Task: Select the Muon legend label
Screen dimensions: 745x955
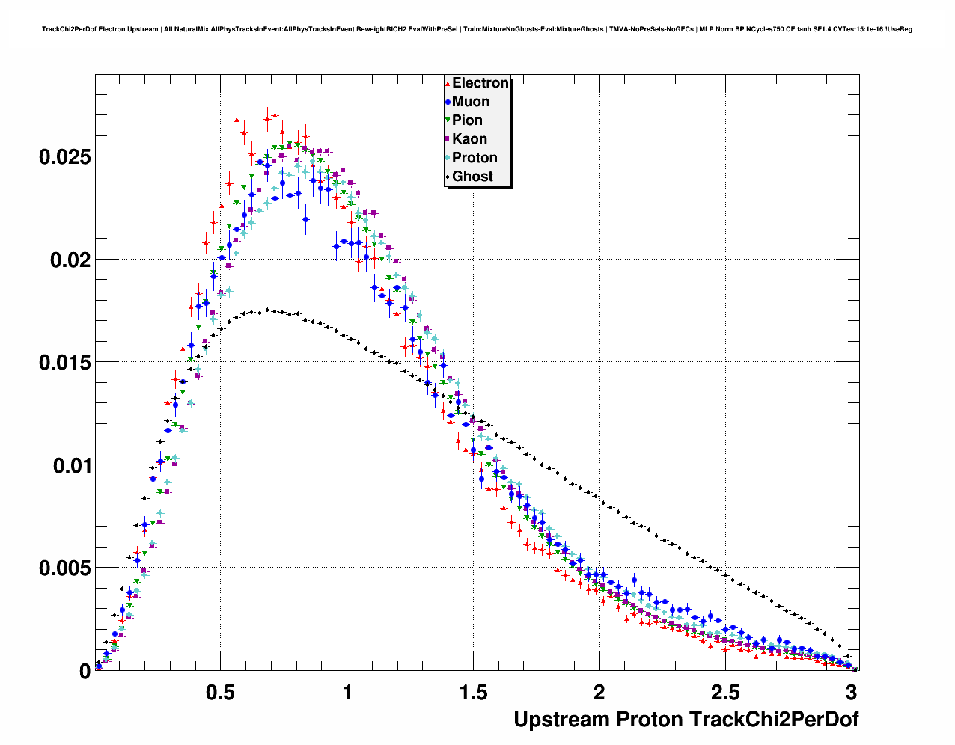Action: point(470,102)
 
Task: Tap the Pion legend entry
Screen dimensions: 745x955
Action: point(467,120)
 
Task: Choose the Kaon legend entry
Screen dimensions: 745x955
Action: point(469,139)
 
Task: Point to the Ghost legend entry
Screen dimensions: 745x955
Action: point(472,177)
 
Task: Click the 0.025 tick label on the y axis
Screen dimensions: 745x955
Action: point(64,157)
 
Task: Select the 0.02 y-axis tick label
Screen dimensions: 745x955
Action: point(70,260)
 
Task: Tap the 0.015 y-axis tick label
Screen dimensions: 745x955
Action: point(64,363)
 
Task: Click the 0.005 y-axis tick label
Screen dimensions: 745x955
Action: point(64,568)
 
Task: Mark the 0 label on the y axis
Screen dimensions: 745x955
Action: point(85,672)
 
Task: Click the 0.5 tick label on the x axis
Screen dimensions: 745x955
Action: point(221,693)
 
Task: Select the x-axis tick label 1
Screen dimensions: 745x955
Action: point(347,693)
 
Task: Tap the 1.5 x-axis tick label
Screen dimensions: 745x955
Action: point(473,693)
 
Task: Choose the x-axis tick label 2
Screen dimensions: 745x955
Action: point(599,693)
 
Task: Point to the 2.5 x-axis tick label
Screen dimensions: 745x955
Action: point(725,693)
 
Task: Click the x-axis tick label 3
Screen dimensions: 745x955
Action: point(851,693)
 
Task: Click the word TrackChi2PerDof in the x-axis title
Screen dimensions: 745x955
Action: point(773,720)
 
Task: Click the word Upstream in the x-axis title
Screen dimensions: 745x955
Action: point(561,720)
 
